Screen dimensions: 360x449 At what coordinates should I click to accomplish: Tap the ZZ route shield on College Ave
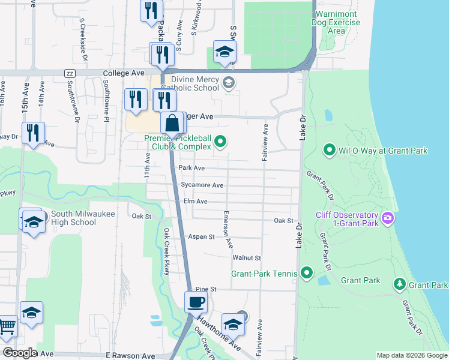[x=69, y=73]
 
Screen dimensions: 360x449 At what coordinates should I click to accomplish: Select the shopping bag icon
[x=172, y=124]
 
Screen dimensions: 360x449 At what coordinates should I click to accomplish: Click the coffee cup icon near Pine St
[x=196, y=302]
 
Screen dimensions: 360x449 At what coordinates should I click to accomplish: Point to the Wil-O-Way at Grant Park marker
[x=329, y=150]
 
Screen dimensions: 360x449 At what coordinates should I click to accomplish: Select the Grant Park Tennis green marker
[x=306, y=274]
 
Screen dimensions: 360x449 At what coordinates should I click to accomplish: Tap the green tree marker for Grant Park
[x=399, y=284]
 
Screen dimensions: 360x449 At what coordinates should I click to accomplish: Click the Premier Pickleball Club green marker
[x=220, y=142]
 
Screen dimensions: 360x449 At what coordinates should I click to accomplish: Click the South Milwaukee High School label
[x=73, y=217]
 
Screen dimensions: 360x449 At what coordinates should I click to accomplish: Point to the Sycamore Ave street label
[x=202, y=185]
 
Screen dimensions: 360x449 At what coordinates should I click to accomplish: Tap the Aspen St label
[x=202, y=237]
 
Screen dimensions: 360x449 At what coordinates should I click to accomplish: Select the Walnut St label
[x=247, y=258]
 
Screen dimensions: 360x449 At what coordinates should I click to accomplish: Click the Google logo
[x=19, y=353]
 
